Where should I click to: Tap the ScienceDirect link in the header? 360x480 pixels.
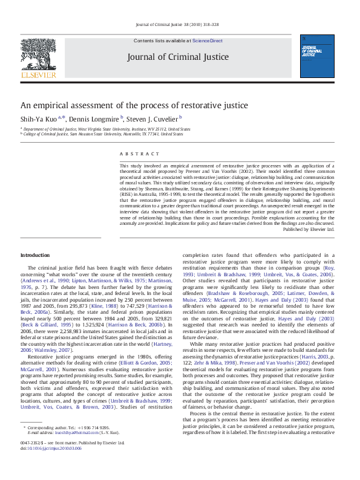[208, 41]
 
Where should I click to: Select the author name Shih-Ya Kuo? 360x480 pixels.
[38, 118]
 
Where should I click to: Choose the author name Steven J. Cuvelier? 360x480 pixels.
[152, 118]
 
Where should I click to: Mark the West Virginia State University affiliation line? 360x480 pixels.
[106, 129]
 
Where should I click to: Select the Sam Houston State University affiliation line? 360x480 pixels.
[103, 134]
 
